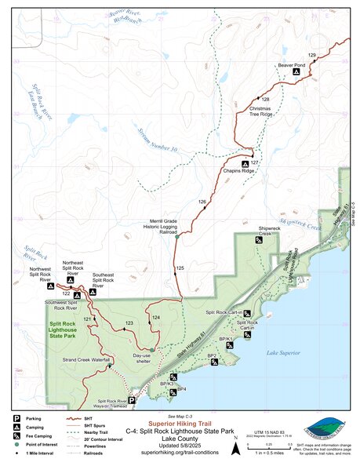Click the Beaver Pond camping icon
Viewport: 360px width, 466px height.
[x=296, y=72]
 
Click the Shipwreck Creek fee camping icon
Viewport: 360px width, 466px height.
[x=260, y=240]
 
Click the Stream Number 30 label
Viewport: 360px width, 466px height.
[x=156, y=135]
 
